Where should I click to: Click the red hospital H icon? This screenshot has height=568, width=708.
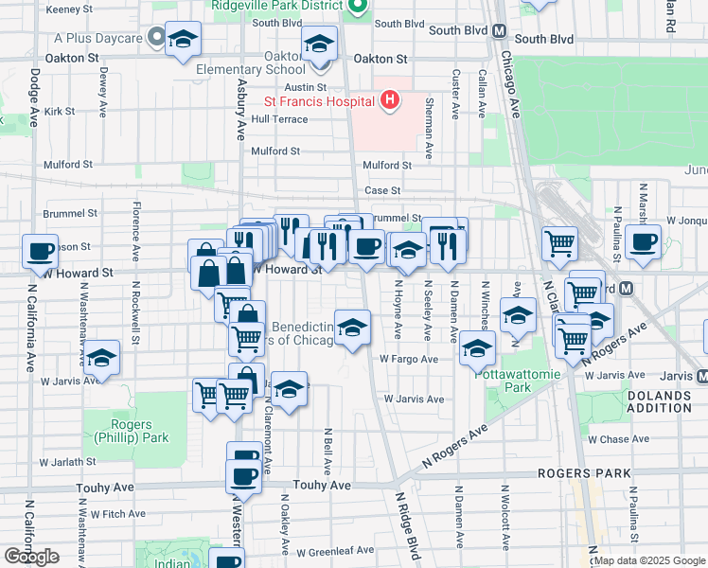pyautogui.click(x=388, y=100)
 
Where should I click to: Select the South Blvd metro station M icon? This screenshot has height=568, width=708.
pyautogui.click(x=499, y=30)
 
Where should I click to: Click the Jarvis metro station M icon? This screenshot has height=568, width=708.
pyautogui.click(x=701, y=376)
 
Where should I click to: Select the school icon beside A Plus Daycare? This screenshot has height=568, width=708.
pyautogui.click(x=183, y=40)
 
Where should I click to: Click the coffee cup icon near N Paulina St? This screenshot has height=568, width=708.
pyautogui.click(x=644, y=241)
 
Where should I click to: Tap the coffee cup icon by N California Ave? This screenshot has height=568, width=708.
pyautogui.click(x=41, y=252)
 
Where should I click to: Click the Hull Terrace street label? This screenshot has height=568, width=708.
pyautogui.click(x=279, y=119)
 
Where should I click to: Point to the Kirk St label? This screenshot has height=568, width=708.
pyautogui.click(x=59, y=111)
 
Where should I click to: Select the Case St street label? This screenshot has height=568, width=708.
pyautogui.click(x=383, y=190)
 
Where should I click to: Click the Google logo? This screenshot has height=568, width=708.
pyautogui.click(x=31, y=557)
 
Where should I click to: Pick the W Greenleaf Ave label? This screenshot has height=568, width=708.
pyautogui.click(x=336, y=551)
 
